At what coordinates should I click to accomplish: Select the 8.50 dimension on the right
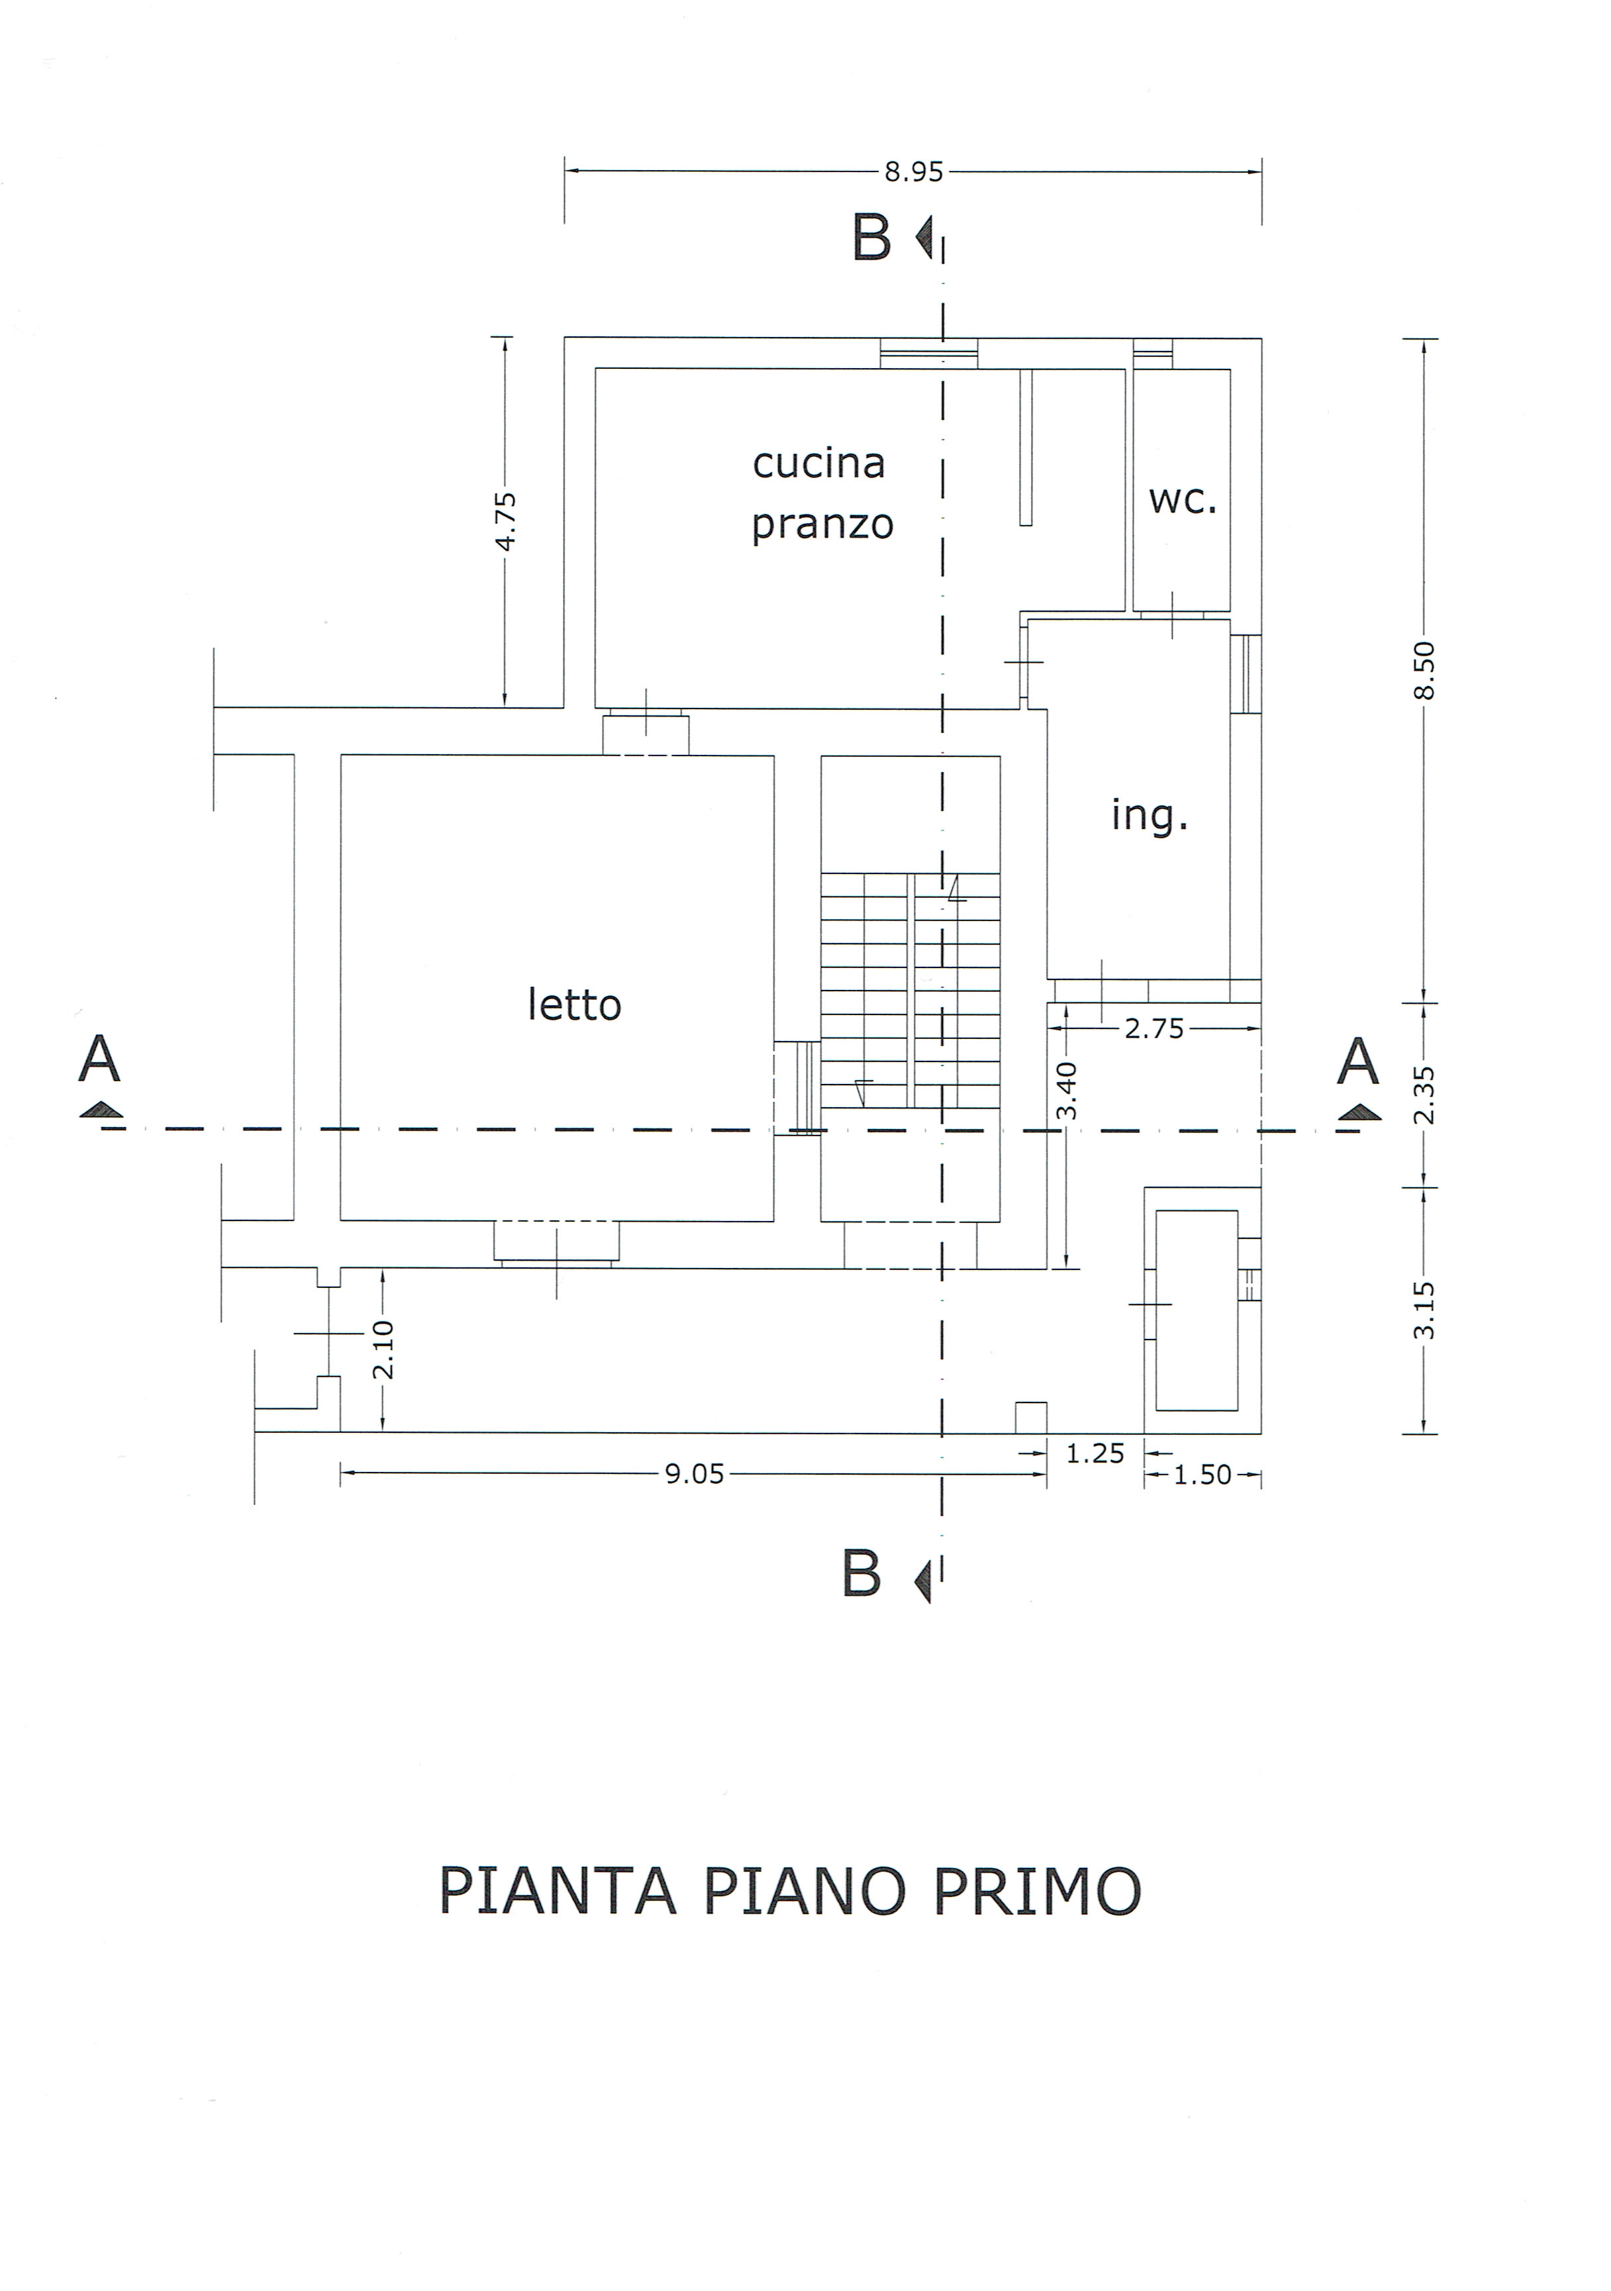tap(1424, 671)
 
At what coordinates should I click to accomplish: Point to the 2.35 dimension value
tap(1424, 1096)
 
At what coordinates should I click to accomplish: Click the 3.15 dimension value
tap(1424, 1310)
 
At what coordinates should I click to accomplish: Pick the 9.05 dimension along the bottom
tap(695, 1475)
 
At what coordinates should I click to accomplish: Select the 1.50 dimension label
tap(1202, 1475)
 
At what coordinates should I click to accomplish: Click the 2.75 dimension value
tap(1154, 1029)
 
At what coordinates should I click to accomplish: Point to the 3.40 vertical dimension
tap(1067, 1091)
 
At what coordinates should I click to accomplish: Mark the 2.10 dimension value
tap(383, 1350)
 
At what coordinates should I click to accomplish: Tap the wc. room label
tap(1183, 500)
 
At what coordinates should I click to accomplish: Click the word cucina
tap(818, 463)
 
